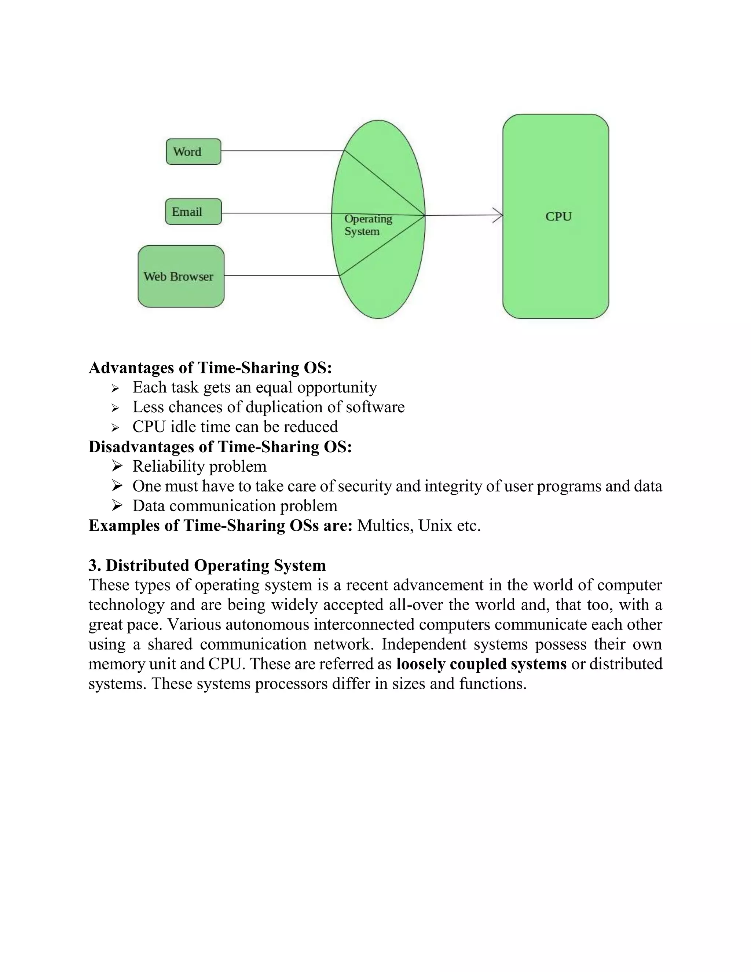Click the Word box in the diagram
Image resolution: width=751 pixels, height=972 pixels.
click(x=193, y=152)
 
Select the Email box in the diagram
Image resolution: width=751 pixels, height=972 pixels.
click(x=193, y=212)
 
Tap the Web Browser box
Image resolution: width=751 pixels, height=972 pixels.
click(x=181, y=277)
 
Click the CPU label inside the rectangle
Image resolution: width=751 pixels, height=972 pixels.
click(x=558, y=217)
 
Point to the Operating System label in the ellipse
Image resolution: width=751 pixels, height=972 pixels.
click(x=367, y=225)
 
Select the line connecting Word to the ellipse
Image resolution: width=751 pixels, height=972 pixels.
click(x=282, y=151)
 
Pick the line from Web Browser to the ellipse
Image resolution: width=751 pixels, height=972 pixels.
click(x=281, y=275)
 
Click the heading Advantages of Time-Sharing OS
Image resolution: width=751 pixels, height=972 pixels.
click(x=210, y=368)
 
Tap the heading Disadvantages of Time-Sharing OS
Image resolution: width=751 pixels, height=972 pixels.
click(x=220, y=447)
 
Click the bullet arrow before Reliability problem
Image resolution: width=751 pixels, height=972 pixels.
click(x=117, y=466)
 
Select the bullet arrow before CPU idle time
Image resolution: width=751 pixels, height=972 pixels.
click(x=116, y=428)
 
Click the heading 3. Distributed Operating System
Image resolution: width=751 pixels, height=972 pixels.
click(x=207, y=565)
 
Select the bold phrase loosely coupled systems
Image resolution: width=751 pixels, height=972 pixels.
click(x=481, y=664)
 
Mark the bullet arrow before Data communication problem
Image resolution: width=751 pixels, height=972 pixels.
click(x=117, y=505)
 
